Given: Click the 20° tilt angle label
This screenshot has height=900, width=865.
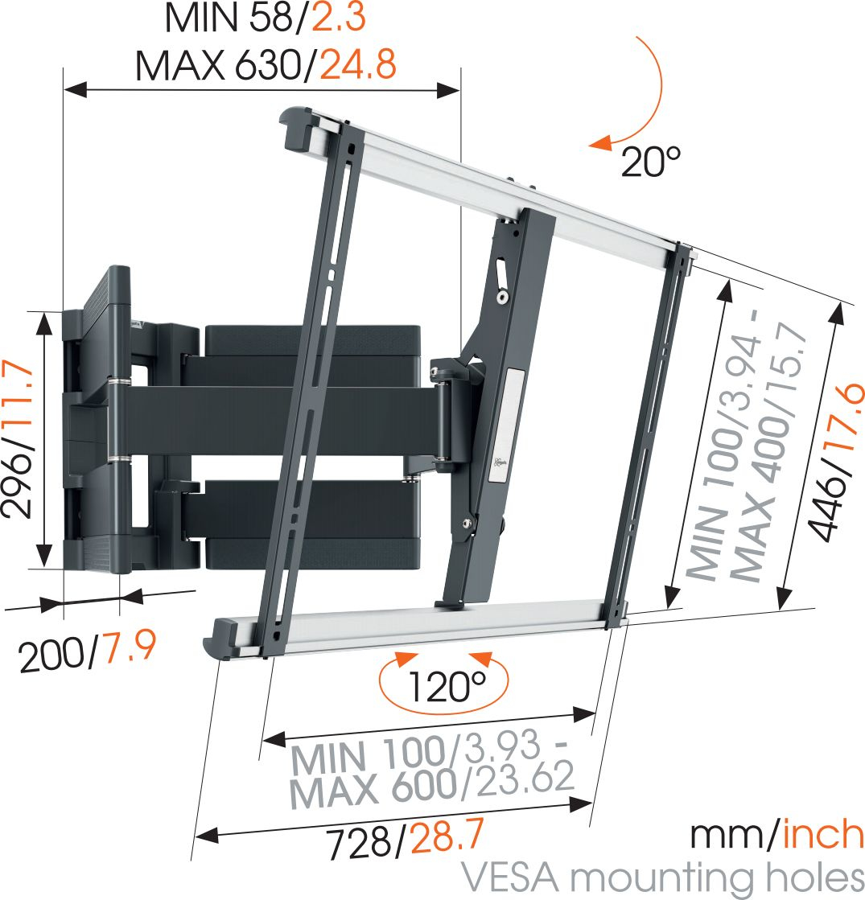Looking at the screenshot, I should [x=651, y=163].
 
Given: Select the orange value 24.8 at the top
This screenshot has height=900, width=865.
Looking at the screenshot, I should [x=358, y=65].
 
